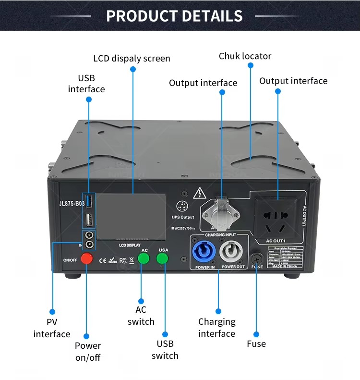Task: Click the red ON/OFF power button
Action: pos(86,259)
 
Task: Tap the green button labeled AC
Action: pos(144,258)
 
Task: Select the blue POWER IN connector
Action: pos(205,250)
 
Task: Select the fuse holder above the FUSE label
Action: pos(255,257)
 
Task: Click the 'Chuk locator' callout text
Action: pos(245,56)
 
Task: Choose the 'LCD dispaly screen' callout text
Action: pos(132,59)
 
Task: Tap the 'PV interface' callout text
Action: pos(52,328)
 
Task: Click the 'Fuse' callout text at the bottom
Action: pos(256,344)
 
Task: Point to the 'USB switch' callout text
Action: pos(165,350)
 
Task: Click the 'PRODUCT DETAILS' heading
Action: pos(174,16)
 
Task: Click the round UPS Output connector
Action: pos(182,205)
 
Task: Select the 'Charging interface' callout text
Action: pos(217,328)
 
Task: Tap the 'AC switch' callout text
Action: pos(141,316)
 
